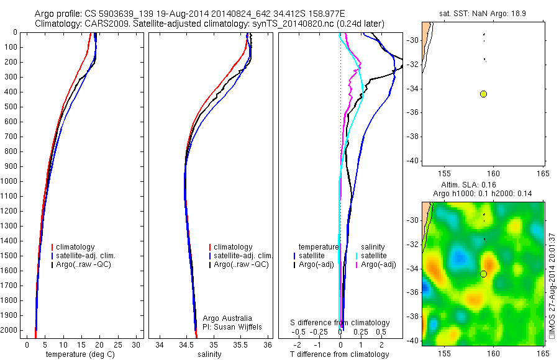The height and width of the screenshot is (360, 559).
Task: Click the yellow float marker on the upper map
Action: tap(484, 94)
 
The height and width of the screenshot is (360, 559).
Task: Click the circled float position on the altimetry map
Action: tap(484, 274)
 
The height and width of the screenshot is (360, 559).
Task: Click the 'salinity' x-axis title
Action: tap(208, 355)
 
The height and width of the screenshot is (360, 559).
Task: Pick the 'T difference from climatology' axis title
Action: tap(339, 355)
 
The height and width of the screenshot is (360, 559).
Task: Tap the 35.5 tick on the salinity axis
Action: tap(241, 345)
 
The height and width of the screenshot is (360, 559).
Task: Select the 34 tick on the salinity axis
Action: tap(160, 345)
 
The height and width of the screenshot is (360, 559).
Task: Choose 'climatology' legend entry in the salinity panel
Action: tap(233, 247)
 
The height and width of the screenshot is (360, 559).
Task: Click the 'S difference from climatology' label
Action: tap(340, 323)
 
